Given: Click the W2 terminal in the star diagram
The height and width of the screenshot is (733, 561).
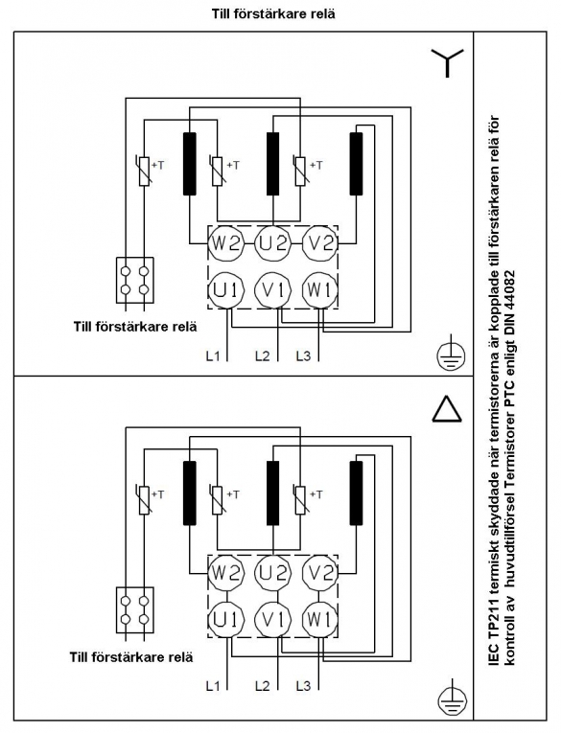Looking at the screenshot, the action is click(226, 244).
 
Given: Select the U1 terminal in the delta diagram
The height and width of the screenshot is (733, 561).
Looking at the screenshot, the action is click(226, 619).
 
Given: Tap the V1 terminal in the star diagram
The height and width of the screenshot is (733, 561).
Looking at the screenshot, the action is click(272, 290).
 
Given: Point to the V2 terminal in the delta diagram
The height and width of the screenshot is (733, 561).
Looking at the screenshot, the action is click(319, 573).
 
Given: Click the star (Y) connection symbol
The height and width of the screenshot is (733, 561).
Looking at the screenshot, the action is click(447, 62).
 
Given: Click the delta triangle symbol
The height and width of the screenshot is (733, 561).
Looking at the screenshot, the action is click(447, 409).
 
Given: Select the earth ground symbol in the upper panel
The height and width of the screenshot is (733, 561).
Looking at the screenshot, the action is click(452, 356).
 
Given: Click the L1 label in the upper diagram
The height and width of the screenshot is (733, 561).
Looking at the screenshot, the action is click(213, 356).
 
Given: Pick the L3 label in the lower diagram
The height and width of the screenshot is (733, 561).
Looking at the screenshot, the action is click(303, 686).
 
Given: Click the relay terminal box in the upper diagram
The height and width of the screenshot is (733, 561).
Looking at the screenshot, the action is click(135, 281).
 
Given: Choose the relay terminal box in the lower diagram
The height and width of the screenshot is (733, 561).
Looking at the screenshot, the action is click(135, 610).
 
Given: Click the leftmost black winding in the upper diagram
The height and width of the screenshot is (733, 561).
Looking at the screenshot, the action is click(190, 164).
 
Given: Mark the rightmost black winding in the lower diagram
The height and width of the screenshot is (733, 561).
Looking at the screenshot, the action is click(356, 492).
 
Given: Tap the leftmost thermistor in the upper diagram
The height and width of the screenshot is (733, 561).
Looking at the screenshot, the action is click(145, 172).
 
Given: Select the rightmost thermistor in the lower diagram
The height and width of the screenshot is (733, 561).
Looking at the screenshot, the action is click(300, 500).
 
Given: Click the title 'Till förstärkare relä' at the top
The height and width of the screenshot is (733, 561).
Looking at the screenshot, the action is click(273, 13).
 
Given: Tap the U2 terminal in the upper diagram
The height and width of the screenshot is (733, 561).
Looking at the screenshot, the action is click(272, 244).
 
